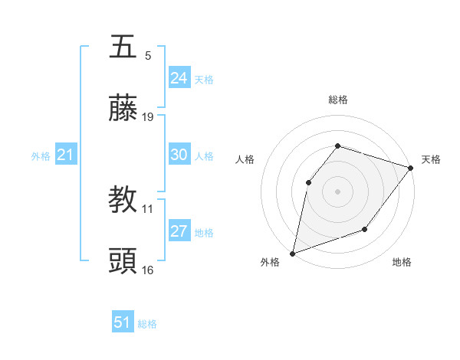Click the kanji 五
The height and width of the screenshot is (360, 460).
pyautogui.click(x=123, y=47)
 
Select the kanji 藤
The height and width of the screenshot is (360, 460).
pyautogui.click(x=123, y=110)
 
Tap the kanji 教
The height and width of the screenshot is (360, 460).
pyautogui.click(x=123, y=200)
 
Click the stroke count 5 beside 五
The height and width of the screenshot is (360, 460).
pyautogui.click(x=148, y=55)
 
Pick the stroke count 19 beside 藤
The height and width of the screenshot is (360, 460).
pyautogui.click(x=148, y=117)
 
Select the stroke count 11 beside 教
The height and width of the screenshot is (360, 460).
pyautogui.click(x=148, y=208)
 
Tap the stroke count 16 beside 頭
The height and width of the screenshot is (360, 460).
pyautogui.click(x=148, y=270)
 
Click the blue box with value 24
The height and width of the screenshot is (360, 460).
pyautogui.click(x=179, y=78)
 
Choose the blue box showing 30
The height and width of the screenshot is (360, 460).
pyautogui.click(x=179, y=155)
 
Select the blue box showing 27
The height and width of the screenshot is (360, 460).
pyautogui.click(x=179, y=231)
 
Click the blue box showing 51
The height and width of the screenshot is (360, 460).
pyautogui.click(x=122, y=322)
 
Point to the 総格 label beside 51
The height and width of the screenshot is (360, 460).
pyautogui.click(x=147, y=324)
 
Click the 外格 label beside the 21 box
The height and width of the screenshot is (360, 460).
pyautogui.click(x=41, y=156)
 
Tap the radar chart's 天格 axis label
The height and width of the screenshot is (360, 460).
pyautogui.click(x=431, y=159)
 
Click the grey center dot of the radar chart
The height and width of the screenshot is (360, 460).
pyautogui.click(x=337, y=191)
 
